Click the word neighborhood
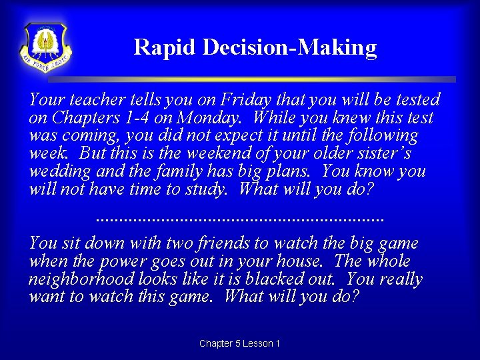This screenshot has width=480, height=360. click(x=81, y=279)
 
